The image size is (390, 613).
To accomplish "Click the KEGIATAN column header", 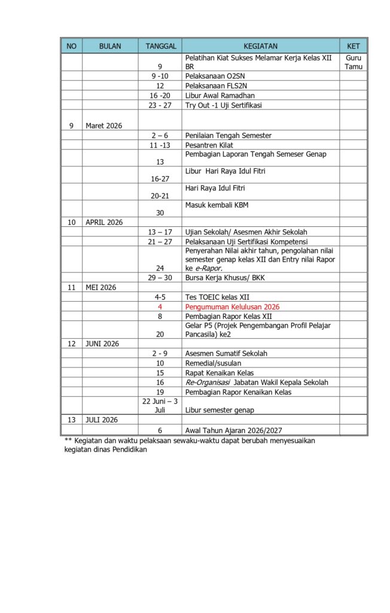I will point(260,46).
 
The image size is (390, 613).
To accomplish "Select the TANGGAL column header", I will point(160,46).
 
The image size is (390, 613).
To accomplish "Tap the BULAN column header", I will point(109,46).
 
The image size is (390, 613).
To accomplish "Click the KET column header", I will point(353,46).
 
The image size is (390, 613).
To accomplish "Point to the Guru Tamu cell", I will point(353,62).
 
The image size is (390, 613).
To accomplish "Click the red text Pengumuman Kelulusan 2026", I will point(232,306).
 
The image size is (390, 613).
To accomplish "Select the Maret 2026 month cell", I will point(104,126).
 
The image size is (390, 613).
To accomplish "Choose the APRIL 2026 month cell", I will point(104,222).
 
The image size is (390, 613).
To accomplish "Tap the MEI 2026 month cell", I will point(100,287).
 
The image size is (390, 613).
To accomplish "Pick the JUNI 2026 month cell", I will point(102,344).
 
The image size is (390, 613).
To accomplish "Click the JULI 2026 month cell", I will point(102,420).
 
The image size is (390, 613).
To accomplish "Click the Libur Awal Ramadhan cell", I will point(220,96).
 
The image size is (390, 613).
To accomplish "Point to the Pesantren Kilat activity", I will point(209,145).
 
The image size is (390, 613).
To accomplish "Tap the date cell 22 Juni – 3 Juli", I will point(160,405).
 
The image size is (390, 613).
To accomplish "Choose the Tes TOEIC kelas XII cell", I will point(217,297).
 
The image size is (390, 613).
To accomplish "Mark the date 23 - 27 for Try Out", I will point(160,105).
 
